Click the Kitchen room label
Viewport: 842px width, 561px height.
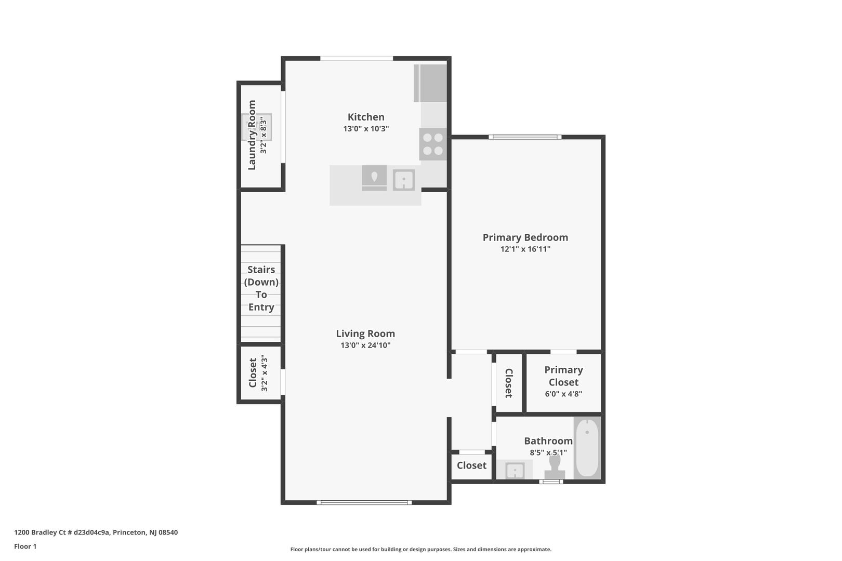(366, 117)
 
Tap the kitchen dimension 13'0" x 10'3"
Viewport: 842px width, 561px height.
(366, 129)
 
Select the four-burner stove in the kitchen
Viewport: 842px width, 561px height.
(433, 144)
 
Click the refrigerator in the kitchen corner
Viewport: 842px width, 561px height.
(431, 83)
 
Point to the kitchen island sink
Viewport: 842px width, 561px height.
(403, 180)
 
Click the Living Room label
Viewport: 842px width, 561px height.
(365, 333)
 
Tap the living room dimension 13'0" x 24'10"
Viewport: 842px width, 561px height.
(365, 345)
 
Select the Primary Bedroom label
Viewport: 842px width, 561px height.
(525, 237)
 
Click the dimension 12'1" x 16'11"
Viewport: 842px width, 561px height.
(525, 249)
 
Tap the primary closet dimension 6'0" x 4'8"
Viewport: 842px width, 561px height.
(563, 394)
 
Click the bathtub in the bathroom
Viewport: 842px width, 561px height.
(587, 447)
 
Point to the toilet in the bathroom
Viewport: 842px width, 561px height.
(555, 465)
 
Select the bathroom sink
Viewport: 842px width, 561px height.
(515, 471)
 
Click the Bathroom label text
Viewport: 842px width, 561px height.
(548, 440)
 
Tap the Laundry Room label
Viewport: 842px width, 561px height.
(252, 135)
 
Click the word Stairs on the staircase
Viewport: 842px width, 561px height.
(261, 270)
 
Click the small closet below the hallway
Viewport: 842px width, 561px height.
(471, 465)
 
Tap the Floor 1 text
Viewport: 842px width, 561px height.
(25, 546)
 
